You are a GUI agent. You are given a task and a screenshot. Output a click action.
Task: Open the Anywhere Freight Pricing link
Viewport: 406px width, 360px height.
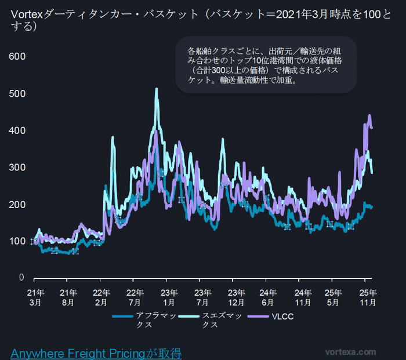click(x=96, y=352)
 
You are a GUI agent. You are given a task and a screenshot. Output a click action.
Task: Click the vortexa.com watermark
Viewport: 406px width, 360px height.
click(x=350, y=352)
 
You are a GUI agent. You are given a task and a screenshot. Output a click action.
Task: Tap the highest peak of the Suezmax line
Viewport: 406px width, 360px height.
click(x=156, y=89)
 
